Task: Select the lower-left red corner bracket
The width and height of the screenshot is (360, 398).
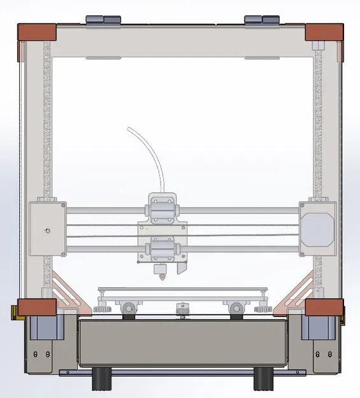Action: click(x=37, y=306)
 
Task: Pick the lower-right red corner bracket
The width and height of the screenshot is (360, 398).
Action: click(x=324, y=307)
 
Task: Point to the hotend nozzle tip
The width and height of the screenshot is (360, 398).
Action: click(x=161, y=276)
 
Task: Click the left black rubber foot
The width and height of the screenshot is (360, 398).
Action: click(x=101, y=380)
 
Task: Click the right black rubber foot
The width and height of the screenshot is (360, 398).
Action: click(x=263, y=380)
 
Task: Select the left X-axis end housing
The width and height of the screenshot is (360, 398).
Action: click(x=47, y=227)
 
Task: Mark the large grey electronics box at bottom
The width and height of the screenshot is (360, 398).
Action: click(x=181, y=344)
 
